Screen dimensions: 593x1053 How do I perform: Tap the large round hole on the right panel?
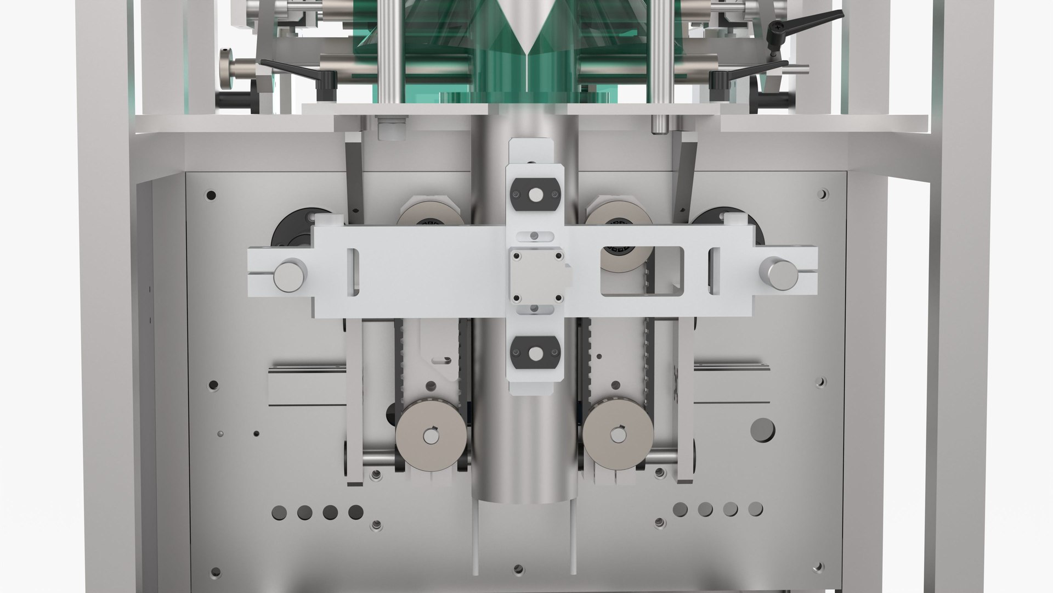coord(762,430)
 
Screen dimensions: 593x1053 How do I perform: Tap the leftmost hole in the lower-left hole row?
coord(279,513)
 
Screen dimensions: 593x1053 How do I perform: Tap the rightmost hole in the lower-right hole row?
coord(756,509)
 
